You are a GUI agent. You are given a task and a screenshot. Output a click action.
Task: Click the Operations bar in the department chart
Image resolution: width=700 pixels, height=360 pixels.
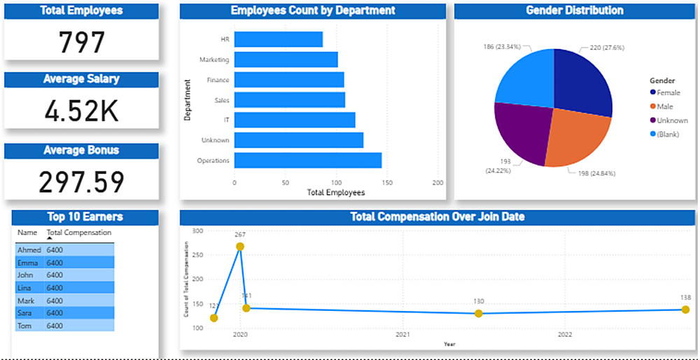click(x=308, y=160)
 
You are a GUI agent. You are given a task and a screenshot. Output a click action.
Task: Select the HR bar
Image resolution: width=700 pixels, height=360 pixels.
click(x=279, y=40)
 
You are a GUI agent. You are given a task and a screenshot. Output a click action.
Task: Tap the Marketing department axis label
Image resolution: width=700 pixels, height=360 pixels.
click(x=213, y=60)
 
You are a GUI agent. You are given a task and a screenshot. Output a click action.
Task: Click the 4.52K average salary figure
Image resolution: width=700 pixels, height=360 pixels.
click(x=81, y=111)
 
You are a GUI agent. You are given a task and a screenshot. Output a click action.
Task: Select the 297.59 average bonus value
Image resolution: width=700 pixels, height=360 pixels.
click(x=81, y=182)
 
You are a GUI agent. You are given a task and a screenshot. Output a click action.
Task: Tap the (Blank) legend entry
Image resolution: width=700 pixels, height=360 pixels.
click(x=668, y=132)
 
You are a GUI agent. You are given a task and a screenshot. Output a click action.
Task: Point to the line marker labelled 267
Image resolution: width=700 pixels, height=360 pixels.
click(x=240, y=247)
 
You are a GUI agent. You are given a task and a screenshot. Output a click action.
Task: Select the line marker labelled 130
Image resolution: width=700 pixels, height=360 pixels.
click(x=478, y=313)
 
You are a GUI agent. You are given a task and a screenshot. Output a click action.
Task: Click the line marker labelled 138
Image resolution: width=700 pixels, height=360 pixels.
click(x=685, y=310)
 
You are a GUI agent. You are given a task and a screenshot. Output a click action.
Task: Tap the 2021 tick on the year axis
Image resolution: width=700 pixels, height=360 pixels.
click(x=402, y=335)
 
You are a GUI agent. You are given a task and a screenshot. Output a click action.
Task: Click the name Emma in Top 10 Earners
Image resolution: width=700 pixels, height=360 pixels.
click(x=26, y=263)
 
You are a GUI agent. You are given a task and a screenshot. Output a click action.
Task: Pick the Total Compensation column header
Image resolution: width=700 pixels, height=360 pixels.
click(x=78, y=233)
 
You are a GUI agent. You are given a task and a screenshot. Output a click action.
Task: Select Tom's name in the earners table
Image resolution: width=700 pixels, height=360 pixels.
click(x=24, y=326)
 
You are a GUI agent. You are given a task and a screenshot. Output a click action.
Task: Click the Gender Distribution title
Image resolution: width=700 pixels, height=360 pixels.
click(x=574, y=11)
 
